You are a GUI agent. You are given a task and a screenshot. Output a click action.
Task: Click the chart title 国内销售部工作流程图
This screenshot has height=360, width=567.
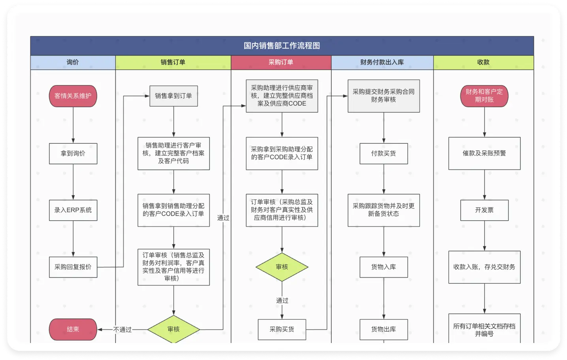pos(282,46)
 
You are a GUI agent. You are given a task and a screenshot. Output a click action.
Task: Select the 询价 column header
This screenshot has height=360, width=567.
pos(73,62)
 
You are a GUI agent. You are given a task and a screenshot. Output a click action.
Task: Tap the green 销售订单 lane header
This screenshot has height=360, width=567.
pos(173,62)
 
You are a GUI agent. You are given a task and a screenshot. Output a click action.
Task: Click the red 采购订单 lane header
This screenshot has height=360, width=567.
pos(281,62)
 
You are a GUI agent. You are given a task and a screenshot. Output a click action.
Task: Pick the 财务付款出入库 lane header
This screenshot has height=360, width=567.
pos(382,62)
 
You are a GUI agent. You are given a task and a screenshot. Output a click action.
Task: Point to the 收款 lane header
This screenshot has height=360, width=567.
pos(483,62)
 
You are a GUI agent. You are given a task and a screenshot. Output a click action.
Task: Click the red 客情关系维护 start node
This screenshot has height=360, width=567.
pos(73,96)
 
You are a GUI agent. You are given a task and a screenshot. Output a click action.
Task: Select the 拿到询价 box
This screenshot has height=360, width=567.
pos(73,153)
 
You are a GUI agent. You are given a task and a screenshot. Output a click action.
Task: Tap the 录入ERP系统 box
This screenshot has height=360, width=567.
pos(73,210)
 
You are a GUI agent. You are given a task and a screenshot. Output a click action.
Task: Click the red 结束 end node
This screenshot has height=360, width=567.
pos(73,329)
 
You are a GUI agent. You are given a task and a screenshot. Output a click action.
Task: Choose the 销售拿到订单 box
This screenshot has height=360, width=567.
pos(173,96)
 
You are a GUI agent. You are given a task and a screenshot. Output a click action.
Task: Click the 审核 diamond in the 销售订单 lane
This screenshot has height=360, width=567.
pos(173,329)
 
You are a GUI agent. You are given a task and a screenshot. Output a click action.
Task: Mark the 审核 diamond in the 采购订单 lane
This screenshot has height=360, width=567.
pos(282,267)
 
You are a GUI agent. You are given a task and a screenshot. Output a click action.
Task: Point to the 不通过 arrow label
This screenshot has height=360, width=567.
pos(122,330)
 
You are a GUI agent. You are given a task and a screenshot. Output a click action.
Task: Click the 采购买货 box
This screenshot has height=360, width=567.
pos(282,329)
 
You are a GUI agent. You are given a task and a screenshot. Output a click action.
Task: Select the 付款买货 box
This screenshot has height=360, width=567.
pos(383,153)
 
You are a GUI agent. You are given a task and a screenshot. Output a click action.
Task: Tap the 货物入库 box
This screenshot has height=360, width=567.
pos(383,267)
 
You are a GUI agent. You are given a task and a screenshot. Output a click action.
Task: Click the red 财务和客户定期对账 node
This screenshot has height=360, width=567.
pos(484,96)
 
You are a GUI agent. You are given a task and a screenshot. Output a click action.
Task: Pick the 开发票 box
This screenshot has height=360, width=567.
pos(484,210)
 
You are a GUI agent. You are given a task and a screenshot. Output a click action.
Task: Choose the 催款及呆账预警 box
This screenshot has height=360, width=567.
pos(484,153)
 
